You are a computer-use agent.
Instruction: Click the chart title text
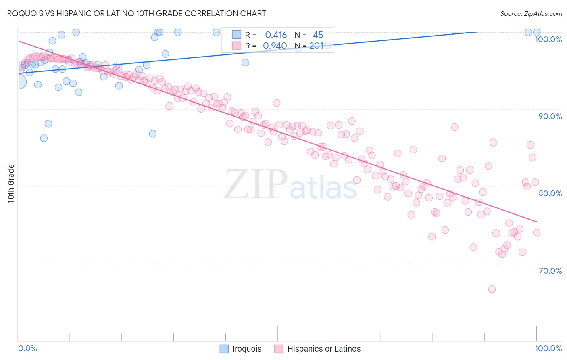pyautogui.click(x=135, y=13)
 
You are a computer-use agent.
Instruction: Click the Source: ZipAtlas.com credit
pyautogui.click(x=531, y=13)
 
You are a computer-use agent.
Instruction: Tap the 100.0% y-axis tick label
pyautogui.click(x=548, y=39)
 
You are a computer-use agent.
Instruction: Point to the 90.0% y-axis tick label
pyautogui.click(x=550, y=116)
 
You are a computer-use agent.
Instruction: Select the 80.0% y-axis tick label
pyautogui.click(x=550, y=193)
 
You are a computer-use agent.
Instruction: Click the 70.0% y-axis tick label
pyautogui.click(x=550, y=271)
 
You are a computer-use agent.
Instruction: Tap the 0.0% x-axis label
pyautogui.click(x=27, y=348)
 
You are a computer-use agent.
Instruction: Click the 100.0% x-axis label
pyautogui.click(x=548, y=348)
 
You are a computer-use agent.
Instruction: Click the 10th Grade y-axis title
pyautogui.click(x=11, y=184)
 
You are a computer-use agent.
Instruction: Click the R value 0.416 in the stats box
pyautogui.click(x=276, y=35)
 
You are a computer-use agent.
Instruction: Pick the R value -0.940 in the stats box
pyautogui.click(x=273, y=46)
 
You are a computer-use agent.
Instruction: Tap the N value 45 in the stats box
pyautogui.click(x=318, y=35)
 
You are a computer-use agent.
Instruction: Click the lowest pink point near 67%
pyautogui.click(x=492, y=289)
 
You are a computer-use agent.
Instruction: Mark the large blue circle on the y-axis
pyautogui.click(x=19, y=82)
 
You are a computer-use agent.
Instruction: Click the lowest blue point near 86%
pyautogui.click(x=44, y=138)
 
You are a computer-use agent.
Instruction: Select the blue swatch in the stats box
pyautogui.click(x=236, y=35)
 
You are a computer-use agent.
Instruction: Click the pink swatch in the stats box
pyautogui.click(x=236, y=46)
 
